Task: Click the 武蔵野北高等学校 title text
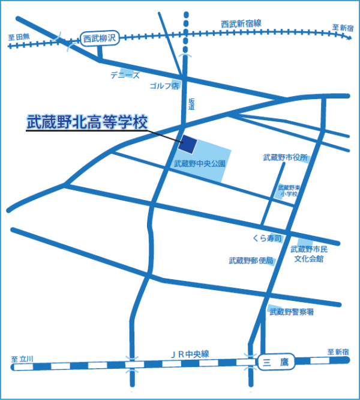pos(87,122)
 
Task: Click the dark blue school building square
pos(188,144)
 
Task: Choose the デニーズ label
pos(124,75)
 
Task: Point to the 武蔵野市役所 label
pos(285,158)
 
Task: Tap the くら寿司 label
pos(267,238)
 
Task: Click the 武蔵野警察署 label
pos(292,312)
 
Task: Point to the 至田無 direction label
pos(19,37)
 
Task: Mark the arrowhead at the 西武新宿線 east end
pos(349,37)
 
